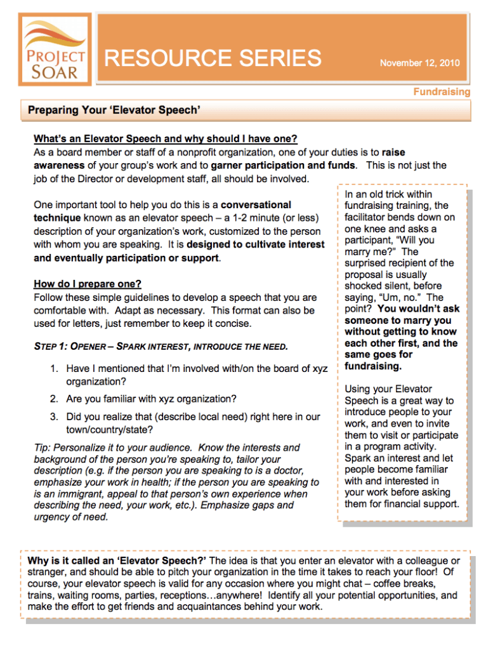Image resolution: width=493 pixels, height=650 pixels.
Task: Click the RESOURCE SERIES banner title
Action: [213, 58]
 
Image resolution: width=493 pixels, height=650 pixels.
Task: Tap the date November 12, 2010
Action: [419, 63]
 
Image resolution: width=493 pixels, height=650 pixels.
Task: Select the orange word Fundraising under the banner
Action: [442, 92]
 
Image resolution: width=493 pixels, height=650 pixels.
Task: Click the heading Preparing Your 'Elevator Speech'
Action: [114, 111]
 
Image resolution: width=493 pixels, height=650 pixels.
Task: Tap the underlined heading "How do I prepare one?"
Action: [88, 284]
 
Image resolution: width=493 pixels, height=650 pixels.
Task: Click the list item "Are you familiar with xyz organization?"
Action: [151, 399]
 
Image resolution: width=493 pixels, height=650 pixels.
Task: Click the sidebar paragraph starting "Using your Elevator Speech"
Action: [399, 446]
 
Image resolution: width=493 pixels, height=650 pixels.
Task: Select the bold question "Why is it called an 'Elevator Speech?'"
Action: [117, 560]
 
